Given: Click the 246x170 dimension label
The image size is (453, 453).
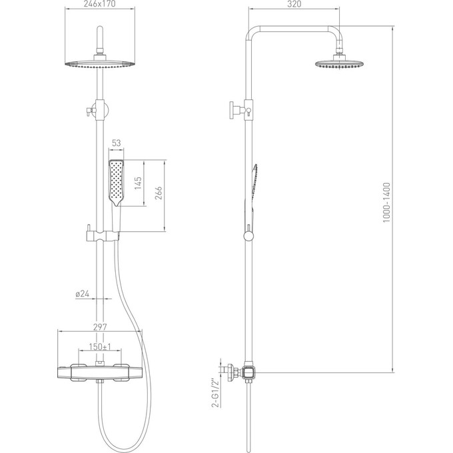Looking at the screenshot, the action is pyautogui.click(x=99, y=4).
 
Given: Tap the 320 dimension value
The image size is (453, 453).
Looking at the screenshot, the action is pyautogui.click(x=294, y=4).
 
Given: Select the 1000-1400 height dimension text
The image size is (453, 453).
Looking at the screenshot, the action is pyautogui.click(x=386, y=203).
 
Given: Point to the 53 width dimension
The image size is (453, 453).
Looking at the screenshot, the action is pyautogui.click(x=116, y=143).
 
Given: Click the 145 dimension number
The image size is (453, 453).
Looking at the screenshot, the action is pyautogui.click(x=138, y=183).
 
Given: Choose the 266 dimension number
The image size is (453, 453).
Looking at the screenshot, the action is pyautogui.click(x=159, y=193).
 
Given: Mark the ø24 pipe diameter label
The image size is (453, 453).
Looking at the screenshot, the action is pyautogui.click(x=83, y=294).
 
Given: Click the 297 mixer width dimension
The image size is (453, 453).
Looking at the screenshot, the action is pyautogui.click(x=100, y=327).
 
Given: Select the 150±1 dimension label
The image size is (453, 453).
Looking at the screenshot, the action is pyautogui.click(x=100, y=346).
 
